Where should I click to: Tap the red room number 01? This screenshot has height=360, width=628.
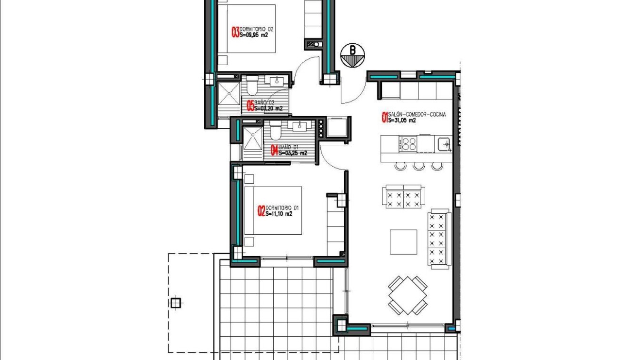[385, 118]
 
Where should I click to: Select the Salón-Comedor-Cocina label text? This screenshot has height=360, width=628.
[417, 115]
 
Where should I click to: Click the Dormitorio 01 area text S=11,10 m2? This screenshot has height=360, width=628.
[279, 214]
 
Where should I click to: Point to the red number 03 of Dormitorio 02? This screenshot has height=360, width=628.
[235, 32]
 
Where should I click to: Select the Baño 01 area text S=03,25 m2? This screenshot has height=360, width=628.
[292, 153]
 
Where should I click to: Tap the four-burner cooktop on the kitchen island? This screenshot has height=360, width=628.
[409, 143]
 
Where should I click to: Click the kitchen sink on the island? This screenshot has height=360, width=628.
[444, 143]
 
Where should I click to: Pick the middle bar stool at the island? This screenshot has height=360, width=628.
[419, 166]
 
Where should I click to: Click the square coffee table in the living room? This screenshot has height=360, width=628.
[403, 242]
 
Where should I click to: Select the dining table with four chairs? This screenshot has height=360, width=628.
[408, 295]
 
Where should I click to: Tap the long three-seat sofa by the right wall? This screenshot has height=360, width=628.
[438, 239]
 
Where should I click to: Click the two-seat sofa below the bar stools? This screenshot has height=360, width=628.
[403, 197]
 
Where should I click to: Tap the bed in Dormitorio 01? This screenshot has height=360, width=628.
[273, 210]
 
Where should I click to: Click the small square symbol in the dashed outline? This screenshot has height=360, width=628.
[176, 302]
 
